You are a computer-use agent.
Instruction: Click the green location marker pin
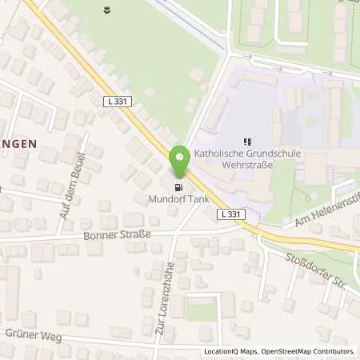click(180, 160)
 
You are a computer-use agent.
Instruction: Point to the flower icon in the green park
click(107, 10)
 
